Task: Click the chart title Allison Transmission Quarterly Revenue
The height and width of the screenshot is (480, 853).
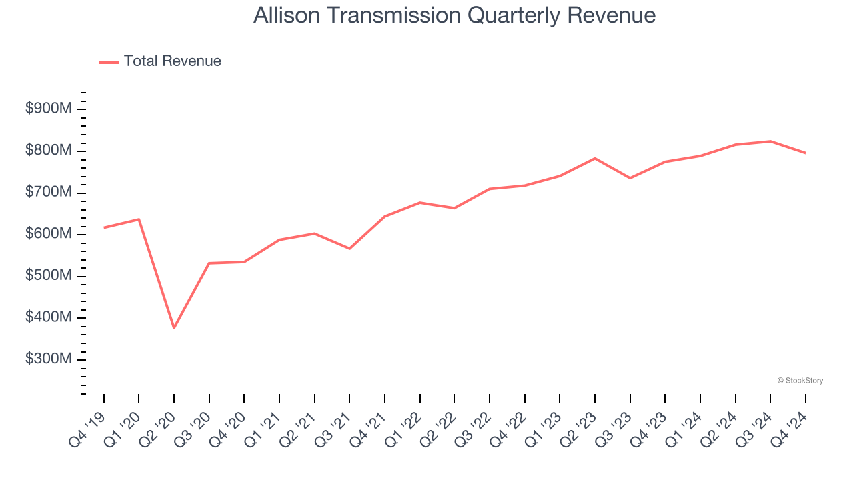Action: pyautogui.click(x=454, y=15)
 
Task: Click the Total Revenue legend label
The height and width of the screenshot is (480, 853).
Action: pyautogui.click(x=172, y=61)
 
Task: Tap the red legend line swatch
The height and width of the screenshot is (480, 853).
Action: pyautogui.click(x=109, y=62)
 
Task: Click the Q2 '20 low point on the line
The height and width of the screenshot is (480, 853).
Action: pyautogui.click(x=174, y=328)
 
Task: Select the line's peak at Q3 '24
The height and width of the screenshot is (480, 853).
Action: pyautogui.click(x=770, y=141)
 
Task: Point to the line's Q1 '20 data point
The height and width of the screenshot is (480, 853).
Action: pyautogui.click(x=139, y=219)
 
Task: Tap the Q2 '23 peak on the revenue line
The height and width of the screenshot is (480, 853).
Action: pyautogui.click(x=595, y=158)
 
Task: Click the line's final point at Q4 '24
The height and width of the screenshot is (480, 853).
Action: pyautogui.click(x=805, y=153)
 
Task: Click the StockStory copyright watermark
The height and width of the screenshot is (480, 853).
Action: pyautogui.click(x=800, y=381)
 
